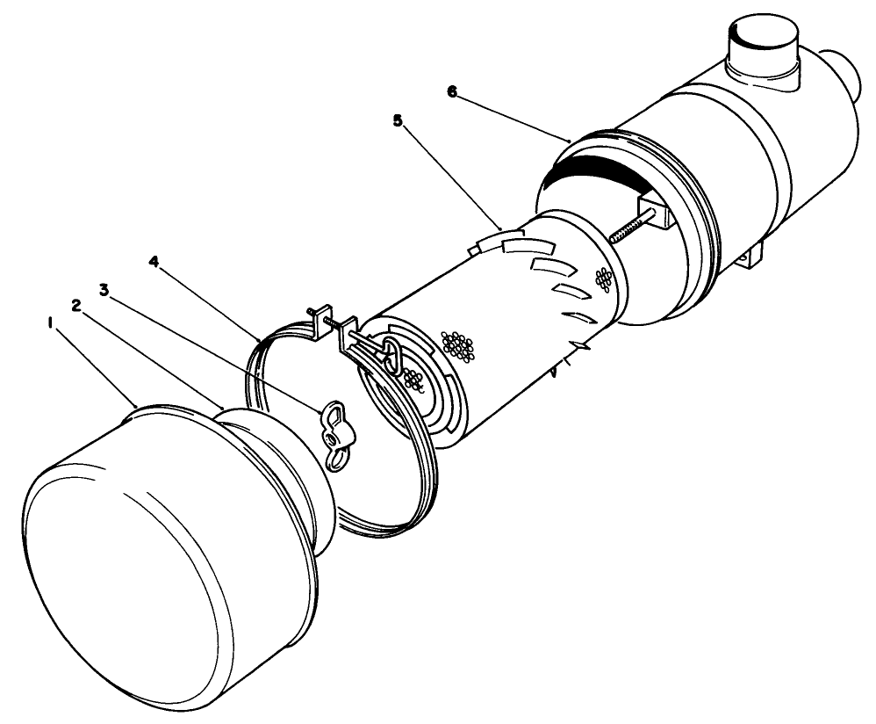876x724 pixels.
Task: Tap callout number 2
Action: (x=77, y=305)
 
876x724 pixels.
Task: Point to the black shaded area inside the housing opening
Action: (x=597, y=171)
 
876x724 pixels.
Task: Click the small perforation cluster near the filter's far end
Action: (x=602, y=280)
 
